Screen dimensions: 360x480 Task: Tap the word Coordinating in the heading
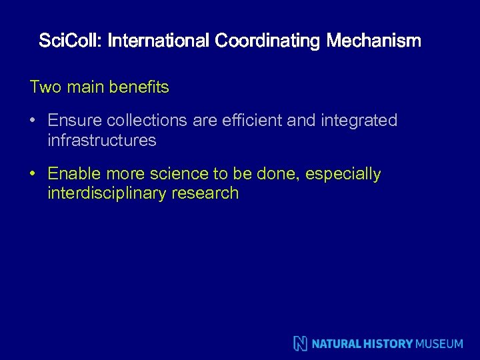point(268,41)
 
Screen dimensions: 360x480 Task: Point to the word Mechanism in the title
point(374,41)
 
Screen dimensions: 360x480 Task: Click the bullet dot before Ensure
point(33,121)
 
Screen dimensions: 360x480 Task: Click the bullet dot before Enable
point(33,175)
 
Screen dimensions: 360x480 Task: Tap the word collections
point(139,121)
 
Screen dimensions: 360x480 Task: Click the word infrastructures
point(102,141)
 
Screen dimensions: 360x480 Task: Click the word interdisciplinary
point(109,194)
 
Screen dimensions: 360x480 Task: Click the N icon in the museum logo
point(301,343)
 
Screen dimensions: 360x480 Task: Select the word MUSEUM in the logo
point(439,344)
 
